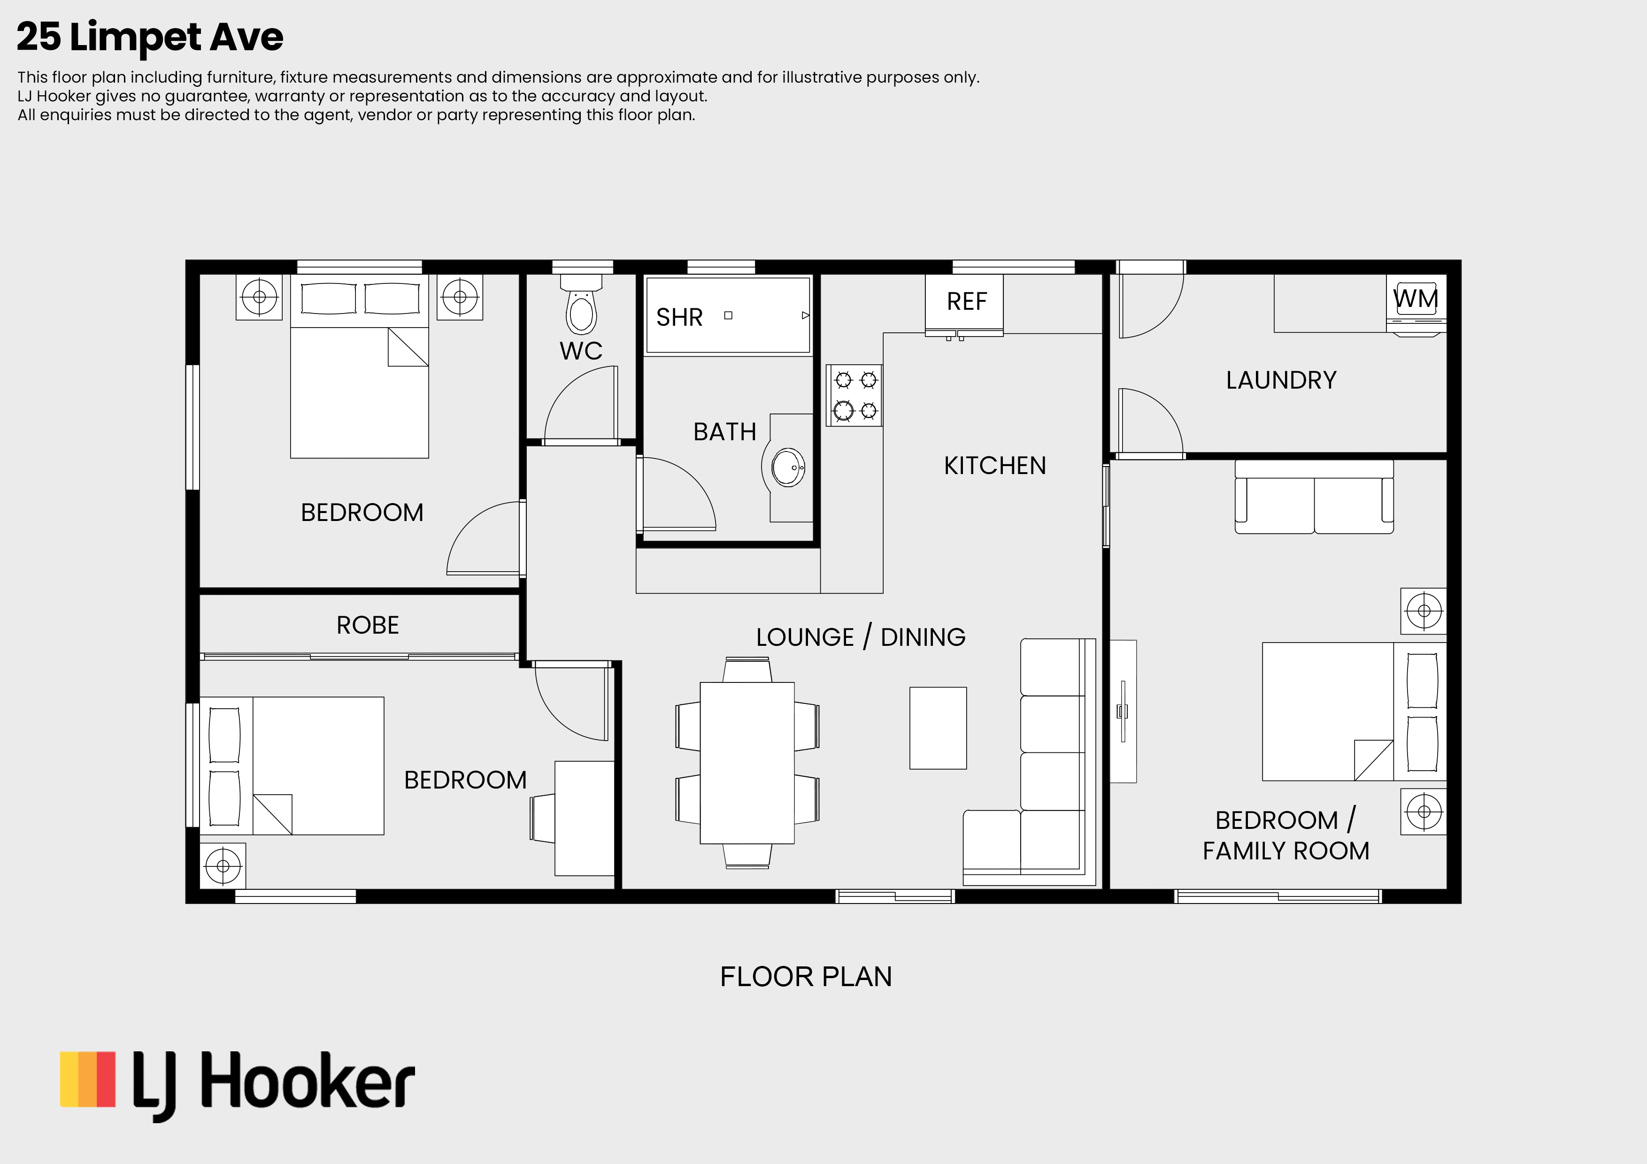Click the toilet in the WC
click(581, 304)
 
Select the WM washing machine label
click(1415, 299)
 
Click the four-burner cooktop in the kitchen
click(854, 395)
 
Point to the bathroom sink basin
click(788, 467)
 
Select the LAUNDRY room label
click(1281, 380)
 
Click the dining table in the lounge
click(747, 762)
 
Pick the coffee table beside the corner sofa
click(938, 728)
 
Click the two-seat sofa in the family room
click(1314, 496)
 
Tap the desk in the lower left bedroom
click(584, 818)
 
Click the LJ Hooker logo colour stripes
click(87, 1080)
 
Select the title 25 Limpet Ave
click(150, 37)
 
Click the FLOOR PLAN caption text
click(806, 977)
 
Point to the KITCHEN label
click(995, 466)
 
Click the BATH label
click(724, 432)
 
